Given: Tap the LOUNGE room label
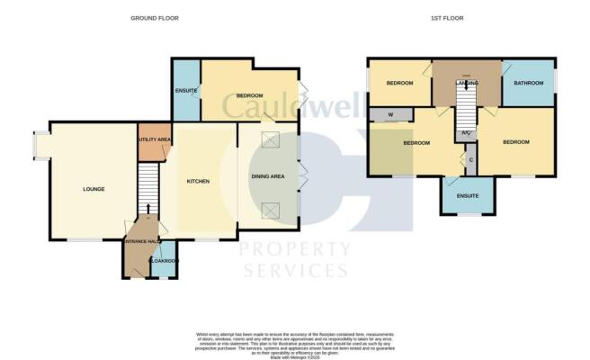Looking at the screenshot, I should coord(94,189).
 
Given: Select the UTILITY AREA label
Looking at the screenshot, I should coord(154,140).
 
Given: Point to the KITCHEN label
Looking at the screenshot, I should coord(198,181).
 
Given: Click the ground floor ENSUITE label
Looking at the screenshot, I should coord(185,90).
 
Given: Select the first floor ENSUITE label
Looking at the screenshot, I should coord(467,195).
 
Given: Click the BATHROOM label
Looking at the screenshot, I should coord(528,83).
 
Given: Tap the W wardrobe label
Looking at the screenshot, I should coord(389,114).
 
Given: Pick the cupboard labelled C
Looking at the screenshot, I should coord(471,159).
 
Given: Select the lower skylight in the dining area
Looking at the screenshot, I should coord(269,211).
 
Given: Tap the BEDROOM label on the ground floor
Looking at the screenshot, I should coord(249,95).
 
